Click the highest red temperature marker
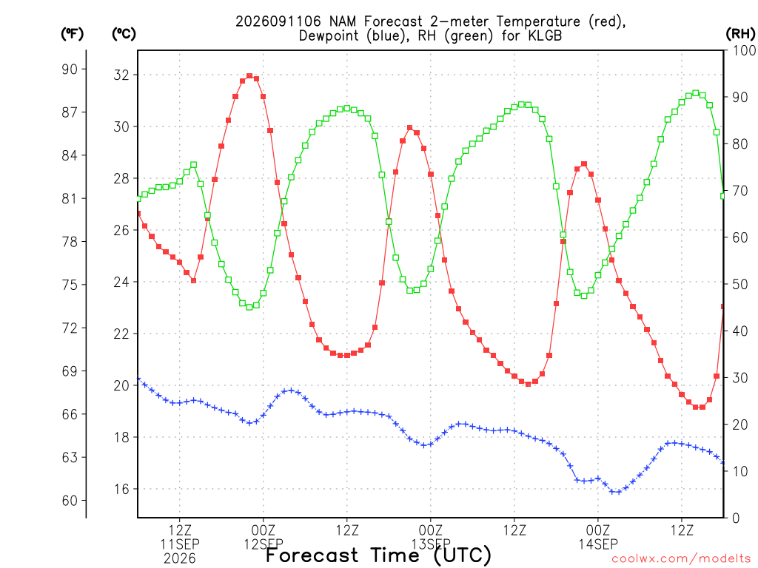click(249, 76)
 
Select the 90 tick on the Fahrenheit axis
click(70, 69)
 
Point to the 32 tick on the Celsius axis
click(121, 75)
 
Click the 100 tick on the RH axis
click(744, 50)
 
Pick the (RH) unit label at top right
click(740, 33)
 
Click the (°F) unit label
click(72, 34)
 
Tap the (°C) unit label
click(124, 34)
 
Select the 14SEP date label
click(598, 544)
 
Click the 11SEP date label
click(180, 544)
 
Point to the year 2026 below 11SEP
click(180, 559)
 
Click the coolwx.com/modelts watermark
click(681, 559)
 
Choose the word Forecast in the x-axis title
click(312, 555)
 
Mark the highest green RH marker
click(696, 92)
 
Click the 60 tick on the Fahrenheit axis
click(70, 501)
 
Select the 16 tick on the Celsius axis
click(121, 489)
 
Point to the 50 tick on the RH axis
click(739, 284)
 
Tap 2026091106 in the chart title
click(278, 21)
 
